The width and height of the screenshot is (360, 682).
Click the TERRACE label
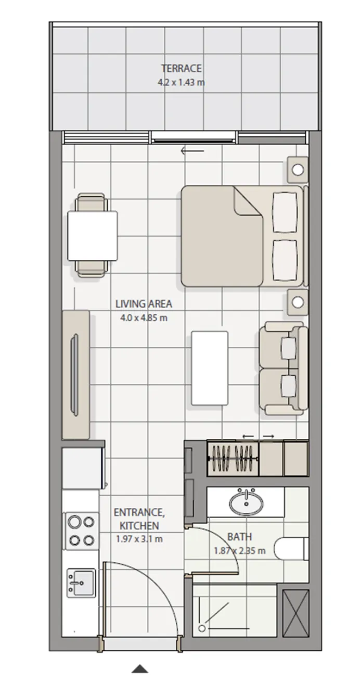coord(181,68)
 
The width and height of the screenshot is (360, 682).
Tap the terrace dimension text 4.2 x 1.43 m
coord(181,82)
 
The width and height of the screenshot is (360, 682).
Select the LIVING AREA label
coord(144,304)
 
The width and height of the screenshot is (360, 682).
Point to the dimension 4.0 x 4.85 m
coord(144,318)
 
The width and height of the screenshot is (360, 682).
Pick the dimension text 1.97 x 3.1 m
coord(139,539)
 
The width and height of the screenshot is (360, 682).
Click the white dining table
coord(92,235)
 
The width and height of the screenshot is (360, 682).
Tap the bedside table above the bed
coord(298,170)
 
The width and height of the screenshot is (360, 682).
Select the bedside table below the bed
coord(298,302)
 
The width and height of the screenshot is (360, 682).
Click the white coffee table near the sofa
coord(209,368)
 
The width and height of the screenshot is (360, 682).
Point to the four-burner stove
coord(81,531)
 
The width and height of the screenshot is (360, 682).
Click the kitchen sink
coord(81,583)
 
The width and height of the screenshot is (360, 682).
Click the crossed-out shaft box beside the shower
coord(295,612)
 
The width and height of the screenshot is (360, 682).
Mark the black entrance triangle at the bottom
coord(140,669)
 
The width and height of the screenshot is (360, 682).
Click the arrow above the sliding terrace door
coord(192,151)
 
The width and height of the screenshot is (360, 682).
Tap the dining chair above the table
coord(92,203)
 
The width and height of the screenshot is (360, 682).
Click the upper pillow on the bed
coord(286,212)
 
